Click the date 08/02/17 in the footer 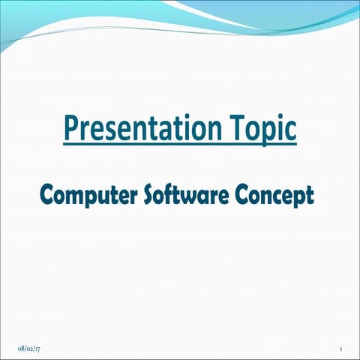[x=28, y=349]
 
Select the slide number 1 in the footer [x=340, y=349]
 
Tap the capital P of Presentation [x=71, y=127]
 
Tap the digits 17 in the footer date [x=37, y=349]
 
